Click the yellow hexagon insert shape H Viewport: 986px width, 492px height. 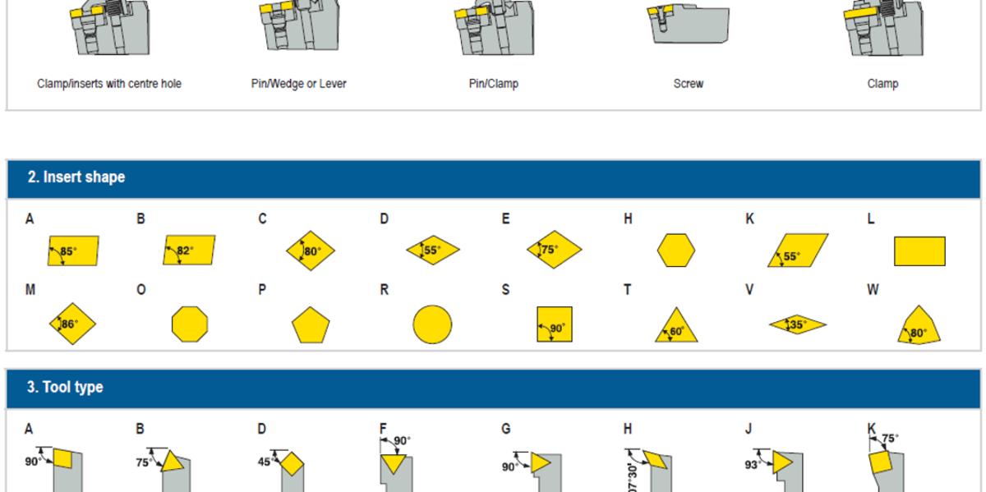[x=676, y=250]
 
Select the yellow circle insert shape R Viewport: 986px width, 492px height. [x=432, y=324]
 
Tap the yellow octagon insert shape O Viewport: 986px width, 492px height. [x=190, y=324]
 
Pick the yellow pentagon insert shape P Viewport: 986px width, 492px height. [x=311, y=326]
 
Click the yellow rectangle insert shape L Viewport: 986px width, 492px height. [x=919, y=251]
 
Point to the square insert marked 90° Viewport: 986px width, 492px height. [x=554, y=324]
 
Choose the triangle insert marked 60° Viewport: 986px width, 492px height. [x=676, y=326]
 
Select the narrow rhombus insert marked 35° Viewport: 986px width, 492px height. [x=797, y=325]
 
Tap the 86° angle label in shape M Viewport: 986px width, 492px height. [x=70, y=324]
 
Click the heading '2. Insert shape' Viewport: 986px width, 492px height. [x=76, y=177]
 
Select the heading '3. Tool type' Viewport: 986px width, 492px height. [x=65, y=387]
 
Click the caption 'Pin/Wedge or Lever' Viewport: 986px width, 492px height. [x=298, y=84]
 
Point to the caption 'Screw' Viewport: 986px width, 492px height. [x=688, y=84]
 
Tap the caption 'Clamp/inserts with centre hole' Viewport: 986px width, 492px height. [x=109, y=84]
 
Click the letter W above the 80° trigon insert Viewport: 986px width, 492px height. [x=873, y=291]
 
